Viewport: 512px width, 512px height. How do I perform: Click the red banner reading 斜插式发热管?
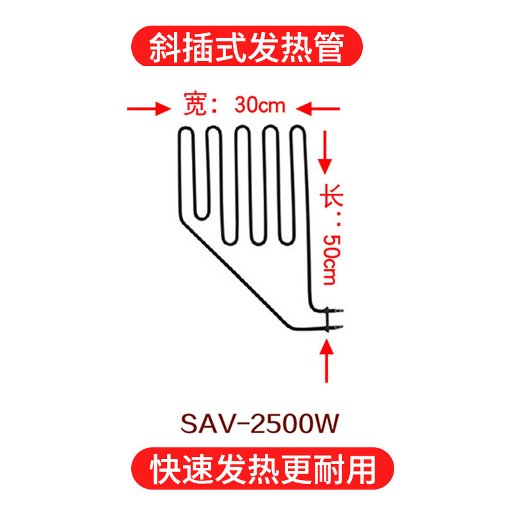click(x=247, y=46)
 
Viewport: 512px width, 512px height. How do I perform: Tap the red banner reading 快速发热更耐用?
click(x=262, y=468)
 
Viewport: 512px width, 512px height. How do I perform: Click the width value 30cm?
click(x=260, y=105)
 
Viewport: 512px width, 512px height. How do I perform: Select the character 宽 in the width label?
click(x=195, y=104)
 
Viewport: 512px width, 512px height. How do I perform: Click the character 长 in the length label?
click(x=332, y=195)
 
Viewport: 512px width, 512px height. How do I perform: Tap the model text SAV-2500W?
click(x=260, y=424)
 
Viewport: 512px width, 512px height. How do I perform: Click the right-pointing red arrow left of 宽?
click(x=149, y=109)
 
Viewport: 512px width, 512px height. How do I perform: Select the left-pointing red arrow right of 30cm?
click(x=317, y=109)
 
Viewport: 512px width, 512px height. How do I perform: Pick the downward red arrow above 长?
click(x=325, y=152)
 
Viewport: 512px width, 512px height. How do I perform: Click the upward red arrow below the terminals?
click(x=326, y=361)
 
